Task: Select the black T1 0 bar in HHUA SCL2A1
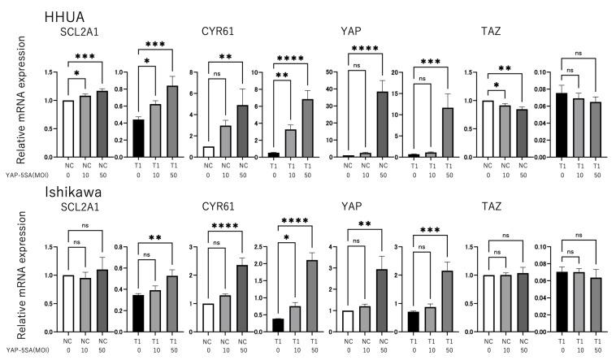point(138,137)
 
